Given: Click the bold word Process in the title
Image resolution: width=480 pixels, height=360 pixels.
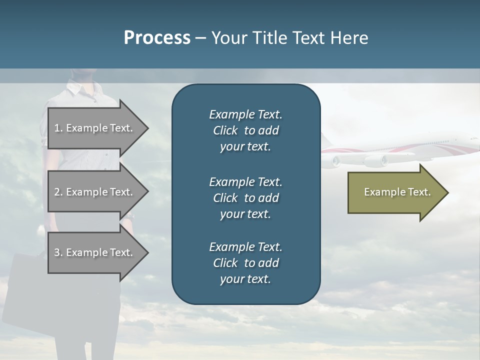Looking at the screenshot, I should tap(157, 38).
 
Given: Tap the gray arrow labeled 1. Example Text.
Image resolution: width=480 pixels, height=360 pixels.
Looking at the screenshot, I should tap(93, 128).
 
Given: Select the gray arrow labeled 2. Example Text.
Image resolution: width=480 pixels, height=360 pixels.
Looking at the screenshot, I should tap(93, 192).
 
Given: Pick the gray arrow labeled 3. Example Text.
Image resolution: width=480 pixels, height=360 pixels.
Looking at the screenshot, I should tap(93, 252).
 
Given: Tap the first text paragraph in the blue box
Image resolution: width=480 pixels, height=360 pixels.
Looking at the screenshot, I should tap(245, 130).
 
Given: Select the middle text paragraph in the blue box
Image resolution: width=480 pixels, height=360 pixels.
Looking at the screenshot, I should tap(245, 197).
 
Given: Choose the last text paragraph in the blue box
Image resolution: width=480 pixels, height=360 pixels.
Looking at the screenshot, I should tap(245, 263).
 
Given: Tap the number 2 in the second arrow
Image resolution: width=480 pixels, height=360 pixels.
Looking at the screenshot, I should tap(57, 192).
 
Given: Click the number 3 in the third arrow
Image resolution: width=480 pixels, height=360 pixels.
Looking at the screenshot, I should tap(57, 252).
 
